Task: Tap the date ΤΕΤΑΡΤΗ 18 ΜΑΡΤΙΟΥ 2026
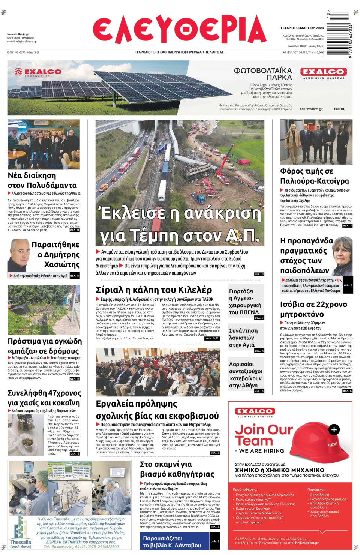tap(302, 28)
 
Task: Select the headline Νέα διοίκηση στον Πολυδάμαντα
tap(42, 180)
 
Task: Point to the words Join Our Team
tap(263, 435)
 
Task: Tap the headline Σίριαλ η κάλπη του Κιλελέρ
tap(154, 290)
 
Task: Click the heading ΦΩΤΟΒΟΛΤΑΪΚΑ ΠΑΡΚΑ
tap(263, 74)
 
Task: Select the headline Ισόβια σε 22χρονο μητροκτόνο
tap(313, 309)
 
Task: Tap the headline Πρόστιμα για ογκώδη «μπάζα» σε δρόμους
tap(45, 346)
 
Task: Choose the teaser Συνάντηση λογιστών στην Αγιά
tap(243, 337)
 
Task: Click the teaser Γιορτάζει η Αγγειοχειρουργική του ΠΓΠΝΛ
tap(245, 301)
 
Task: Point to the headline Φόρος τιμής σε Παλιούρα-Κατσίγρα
tap(314, 176)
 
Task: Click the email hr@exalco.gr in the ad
tap(307, 543)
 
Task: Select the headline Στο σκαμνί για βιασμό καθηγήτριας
tap(177, 469)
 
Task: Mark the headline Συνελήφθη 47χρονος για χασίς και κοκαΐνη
tap(44, 398)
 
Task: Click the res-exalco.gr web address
tap(311, 109)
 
